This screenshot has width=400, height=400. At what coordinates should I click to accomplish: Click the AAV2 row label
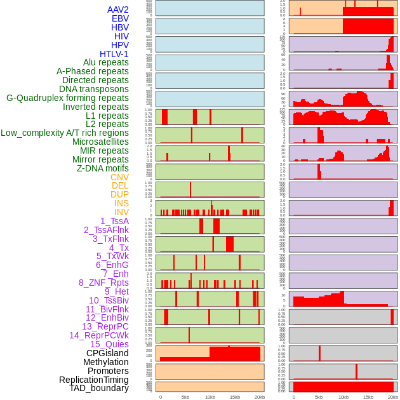[x=118, y=10]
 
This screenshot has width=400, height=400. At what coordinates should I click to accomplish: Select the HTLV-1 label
[x=114, y=54]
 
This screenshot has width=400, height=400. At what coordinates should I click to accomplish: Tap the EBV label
[x=120, y=18]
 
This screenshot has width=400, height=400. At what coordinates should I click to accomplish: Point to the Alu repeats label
[x=106, y=62]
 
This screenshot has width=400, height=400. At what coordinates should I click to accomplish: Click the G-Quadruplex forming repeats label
[x=67, y=98]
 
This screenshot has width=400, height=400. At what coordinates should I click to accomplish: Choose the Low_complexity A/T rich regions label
[x=65, y=133]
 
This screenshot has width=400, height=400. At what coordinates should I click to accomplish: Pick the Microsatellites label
[x=100, y=142]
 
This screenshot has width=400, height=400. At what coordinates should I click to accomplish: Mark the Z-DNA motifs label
[x=103, y=168]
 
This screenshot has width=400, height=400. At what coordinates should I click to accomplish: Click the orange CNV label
[x=119, y=177]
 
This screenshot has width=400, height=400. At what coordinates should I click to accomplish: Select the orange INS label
[x=121, y=203]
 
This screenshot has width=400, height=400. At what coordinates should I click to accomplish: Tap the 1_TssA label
[x=114, y=221]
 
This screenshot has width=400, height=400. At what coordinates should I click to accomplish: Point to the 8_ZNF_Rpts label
[x=103, y=283]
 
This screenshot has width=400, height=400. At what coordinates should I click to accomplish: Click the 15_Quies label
[x=109, y=344]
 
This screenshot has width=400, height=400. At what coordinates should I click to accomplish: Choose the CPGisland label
[x=107, y=353]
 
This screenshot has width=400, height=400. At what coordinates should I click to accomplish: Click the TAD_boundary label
[x=99, y=388]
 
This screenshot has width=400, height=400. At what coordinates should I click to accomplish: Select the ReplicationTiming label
[x=94, y=380]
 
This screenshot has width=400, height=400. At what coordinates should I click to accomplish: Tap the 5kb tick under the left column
[x=185, y=397]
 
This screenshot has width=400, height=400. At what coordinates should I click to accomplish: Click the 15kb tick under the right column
[x=368, y=397]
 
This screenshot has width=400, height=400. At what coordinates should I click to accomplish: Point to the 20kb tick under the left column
[x=259, y=397]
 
